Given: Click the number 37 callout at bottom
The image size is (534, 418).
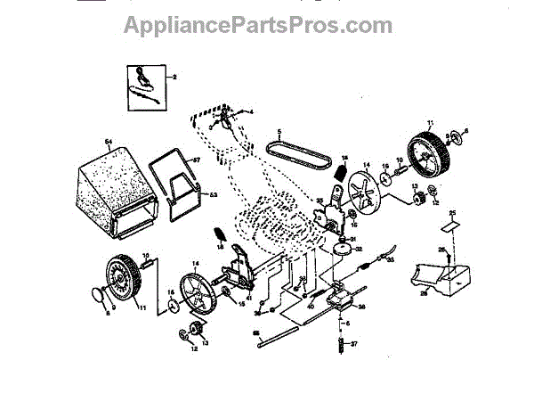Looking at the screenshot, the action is coord(352,344).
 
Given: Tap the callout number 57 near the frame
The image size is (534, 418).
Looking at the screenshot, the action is coord(198,161).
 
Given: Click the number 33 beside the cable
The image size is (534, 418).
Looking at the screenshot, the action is coord(389,259).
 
